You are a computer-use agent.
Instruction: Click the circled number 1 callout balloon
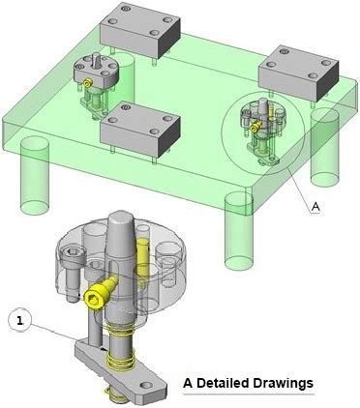pyautogui.click(x=20, y=321)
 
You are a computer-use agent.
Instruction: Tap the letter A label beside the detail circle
pyautogui.click(x=315, y=207)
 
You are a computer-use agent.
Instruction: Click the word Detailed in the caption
pyautogui.click(x=223, y=383)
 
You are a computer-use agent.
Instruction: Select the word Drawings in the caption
pyautogui.click(x=283, y=384)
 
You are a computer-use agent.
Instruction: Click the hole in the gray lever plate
pyautogui.click(x=146, y=385)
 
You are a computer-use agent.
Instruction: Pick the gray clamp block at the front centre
pyautogui.click(x=140, y=128)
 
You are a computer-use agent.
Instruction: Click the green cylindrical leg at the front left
pyautogui.click(x=35, y=176)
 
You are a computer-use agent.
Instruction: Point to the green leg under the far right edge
pyautogui.click(x=324, y=148)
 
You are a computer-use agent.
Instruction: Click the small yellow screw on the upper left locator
pyautogui.click(x=87, y=83)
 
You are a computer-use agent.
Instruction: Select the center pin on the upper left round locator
pyautogui.click(x=97, y=61)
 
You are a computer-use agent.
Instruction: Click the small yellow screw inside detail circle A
pyautogui.click(x=255, y=128)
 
